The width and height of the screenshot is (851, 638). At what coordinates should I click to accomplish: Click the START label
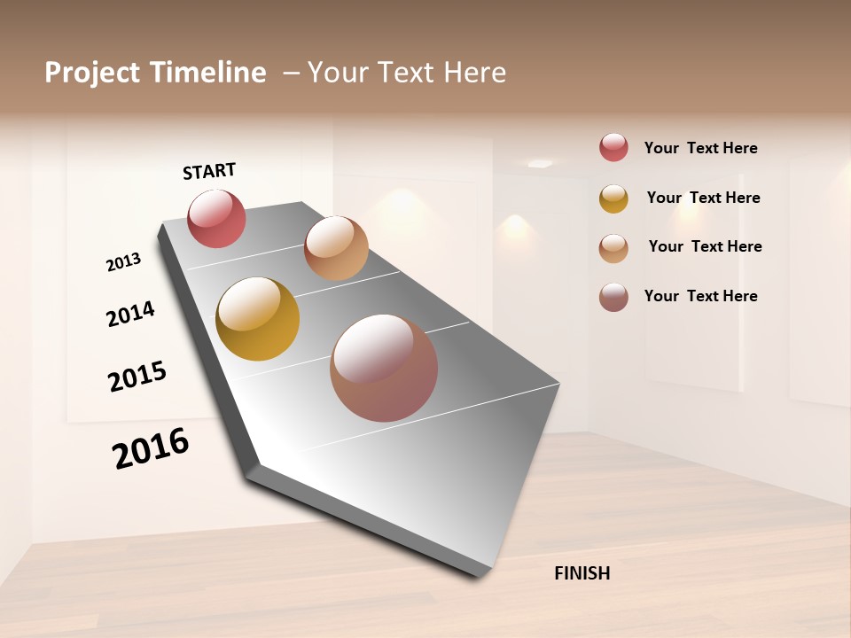coord(209,171)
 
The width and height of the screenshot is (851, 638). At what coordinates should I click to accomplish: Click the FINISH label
coord(582,573)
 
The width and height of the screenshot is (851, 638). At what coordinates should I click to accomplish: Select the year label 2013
coord(123,262)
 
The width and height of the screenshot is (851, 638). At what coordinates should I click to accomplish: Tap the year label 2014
coord(130,314)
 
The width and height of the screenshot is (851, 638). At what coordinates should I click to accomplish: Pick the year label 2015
coord(137,377)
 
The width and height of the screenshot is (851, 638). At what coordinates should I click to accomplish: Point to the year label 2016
coord(151,448)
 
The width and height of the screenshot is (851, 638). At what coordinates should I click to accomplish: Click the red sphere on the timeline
coord(216,219)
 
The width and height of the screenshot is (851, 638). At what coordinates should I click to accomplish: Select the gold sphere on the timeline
coord(258,319)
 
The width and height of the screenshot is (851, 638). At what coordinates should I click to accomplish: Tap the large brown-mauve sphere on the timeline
coord(384,368)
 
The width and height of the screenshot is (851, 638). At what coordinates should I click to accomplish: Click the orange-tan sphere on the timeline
coord(336,248)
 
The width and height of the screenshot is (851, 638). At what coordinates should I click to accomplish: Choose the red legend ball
coord(613,147)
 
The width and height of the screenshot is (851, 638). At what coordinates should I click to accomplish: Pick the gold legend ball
coord(613,198)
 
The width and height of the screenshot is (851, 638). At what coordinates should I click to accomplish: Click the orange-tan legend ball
coord(613,248)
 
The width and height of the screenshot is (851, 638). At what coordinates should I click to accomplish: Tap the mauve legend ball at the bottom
coord(613,297)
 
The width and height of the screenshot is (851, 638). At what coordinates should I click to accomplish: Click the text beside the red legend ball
coord(700,148)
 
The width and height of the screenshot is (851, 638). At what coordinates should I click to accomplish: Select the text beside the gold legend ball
coord(703,198)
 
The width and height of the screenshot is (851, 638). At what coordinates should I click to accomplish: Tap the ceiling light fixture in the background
coord(540,163)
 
